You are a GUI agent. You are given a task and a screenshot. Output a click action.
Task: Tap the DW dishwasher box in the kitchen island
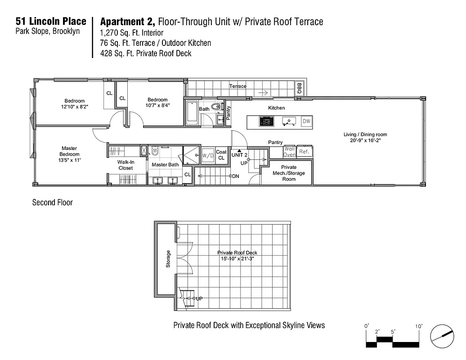pos(306,121)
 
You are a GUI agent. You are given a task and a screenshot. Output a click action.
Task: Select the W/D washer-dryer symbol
pos(208,156)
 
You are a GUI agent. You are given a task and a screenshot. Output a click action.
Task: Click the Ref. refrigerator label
pos(304,152)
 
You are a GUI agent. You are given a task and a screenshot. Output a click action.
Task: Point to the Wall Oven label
pos(289,152)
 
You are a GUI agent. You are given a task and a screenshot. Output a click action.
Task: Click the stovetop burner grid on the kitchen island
pos(266,121)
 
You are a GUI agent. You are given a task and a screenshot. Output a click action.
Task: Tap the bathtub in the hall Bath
pos(192,113)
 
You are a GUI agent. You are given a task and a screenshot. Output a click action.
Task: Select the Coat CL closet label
pos(221,155)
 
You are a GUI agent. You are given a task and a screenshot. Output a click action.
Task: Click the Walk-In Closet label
pos(125,165)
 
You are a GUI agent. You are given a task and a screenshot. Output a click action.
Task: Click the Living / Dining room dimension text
pos(365,140)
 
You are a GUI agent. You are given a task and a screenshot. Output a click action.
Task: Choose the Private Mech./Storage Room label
pos(289,173)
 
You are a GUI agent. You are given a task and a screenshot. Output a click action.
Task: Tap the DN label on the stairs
pos(236,176)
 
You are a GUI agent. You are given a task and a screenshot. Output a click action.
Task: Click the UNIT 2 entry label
pos(239,155)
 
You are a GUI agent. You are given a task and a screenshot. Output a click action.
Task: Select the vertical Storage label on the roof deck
pos(168,259)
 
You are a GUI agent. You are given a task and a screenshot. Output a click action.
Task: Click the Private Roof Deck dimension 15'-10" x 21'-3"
pos(237,259)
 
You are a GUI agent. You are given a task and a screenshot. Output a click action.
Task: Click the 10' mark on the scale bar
pos(418,326)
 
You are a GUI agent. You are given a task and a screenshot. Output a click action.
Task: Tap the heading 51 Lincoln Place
pos(51,21)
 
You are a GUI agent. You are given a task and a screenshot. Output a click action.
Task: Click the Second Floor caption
pos(52,202)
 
